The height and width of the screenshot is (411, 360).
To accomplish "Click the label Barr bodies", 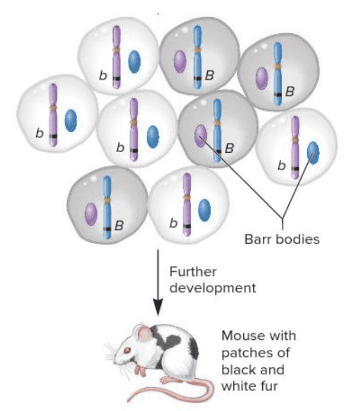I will click(x=282, y=239).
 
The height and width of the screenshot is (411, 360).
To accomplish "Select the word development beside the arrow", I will click(x=213, y=288).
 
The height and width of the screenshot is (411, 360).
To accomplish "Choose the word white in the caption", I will click(x=237, y=385).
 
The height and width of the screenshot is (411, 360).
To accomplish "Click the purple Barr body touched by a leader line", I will click(x=201, y=136).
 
